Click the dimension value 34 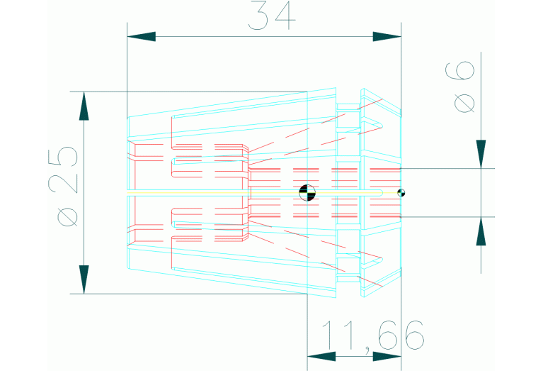[x=272, y=16]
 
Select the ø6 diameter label [x=460, y=87]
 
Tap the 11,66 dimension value [x=372, y=336]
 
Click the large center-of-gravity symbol [x=307, y=193]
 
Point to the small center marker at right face [x=401, y=193]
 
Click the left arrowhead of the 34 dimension [x=142, y=36]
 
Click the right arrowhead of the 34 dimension [x=387, y=36]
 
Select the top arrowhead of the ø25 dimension [x=84, y=106]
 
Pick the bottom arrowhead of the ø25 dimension [x=84, y=279]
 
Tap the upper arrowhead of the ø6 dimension [x=481, y=154]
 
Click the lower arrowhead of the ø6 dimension [x=481, y=231]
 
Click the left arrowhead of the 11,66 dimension [x=321, y=356]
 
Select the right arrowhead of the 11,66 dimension [x=387, y=356]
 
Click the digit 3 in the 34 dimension [x=258, y=16]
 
